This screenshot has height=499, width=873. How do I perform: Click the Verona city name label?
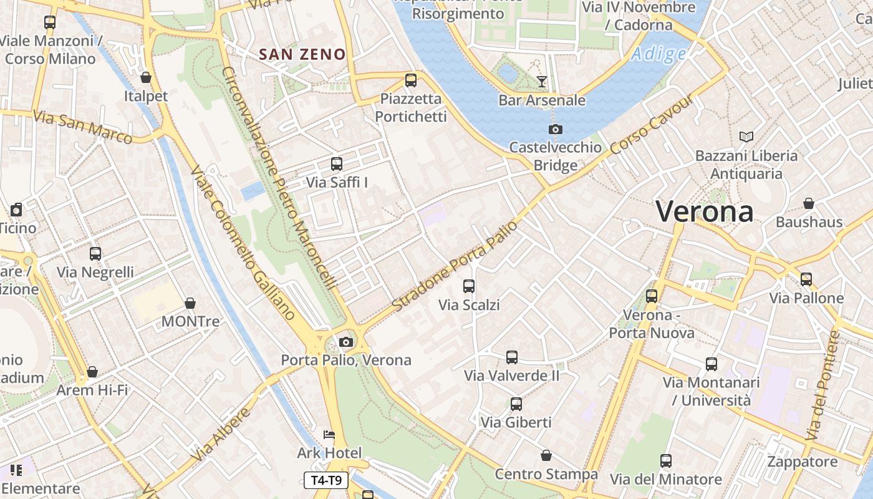click(x=704, y=211)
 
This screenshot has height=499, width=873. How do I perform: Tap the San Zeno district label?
click(x=302, y=54)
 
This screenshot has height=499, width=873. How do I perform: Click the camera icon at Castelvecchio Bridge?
click(x=555, y=129)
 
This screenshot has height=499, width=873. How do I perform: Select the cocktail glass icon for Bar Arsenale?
click(x=541, y=82)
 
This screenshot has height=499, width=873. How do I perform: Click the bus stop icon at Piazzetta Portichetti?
click(x=410, y=80)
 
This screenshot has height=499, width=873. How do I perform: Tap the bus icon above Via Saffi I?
click(x=337, y=164)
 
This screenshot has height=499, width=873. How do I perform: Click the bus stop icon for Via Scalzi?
click(x=469, y=286)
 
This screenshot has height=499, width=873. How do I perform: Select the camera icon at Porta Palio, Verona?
click(x=346, y=342)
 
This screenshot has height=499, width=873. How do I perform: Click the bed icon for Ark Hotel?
click(x=329, y=434)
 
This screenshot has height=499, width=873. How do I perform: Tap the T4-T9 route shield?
click(x=326, y=480)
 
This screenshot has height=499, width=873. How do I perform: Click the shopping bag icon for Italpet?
click(x=146, y=77)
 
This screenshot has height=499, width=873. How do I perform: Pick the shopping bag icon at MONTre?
click(x=190, y=303)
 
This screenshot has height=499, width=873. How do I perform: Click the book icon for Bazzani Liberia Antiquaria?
click(x=746, y=137)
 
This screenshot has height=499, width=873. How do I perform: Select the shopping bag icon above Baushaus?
click(x=809, y=203)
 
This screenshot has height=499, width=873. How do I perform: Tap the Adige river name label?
click(x=658, y=55)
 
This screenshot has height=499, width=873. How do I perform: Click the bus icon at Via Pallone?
click(x=806, y=279)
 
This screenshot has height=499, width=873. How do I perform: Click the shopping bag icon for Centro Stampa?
click(x=546, y=455)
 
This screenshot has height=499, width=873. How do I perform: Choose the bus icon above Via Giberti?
click(x=516, y=404)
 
